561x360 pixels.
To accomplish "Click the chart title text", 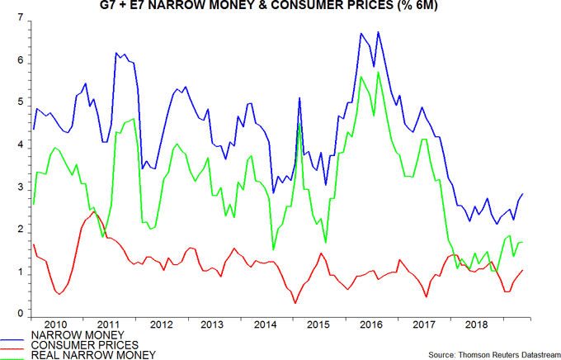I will [281, 9].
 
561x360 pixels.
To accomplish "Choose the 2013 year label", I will [211, 324].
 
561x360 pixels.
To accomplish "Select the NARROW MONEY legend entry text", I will [68, 334].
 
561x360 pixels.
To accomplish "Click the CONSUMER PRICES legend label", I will [73, 344].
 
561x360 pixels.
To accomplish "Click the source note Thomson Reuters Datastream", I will [488, 355].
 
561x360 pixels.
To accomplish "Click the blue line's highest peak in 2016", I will [378, 32].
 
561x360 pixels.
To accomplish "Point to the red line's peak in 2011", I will [94, 212].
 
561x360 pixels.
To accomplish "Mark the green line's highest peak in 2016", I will [378, 72].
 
